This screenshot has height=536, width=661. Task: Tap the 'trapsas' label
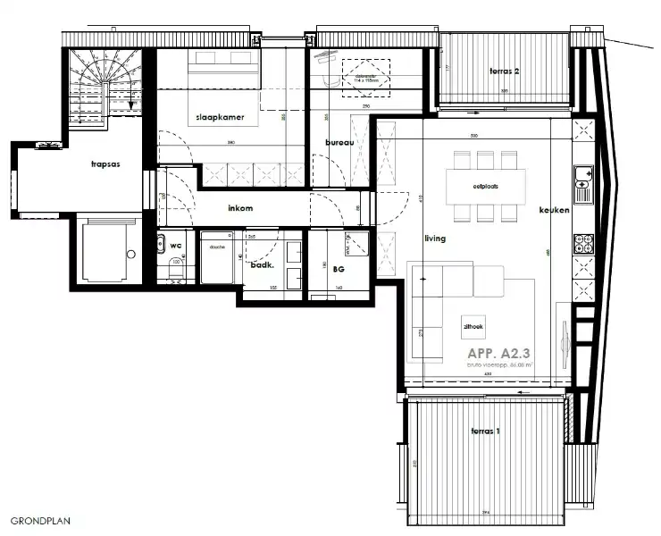(x=105, y=164)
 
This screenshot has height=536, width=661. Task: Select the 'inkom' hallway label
(x=240, y=208)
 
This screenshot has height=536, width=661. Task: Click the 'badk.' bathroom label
(x=261, y=265)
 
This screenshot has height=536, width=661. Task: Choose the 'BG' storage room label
(x=339, y=267)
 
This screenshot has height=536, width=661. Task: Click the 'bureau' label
(x=339, y=142)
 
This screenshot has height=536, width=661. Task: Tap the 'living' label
(x=435, y=239)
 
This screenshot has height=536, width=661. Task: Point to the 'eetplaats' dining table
(x=485, y=187)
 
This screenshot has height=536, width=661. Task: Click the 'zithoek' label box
(x=473, y=328)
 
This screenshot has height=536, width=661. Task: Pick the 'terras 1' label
(x=486, y=431)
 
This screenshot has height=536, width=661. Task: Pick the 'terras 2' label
(x=505, y=70)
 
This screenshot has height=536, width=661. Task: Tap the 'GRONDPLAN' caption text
(x=40, y=519)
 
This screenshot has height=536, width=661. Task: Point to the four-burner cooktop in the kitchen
(x=582, y=242)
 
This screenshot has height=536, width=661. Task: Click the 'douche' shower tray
(x=217, y=257)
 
